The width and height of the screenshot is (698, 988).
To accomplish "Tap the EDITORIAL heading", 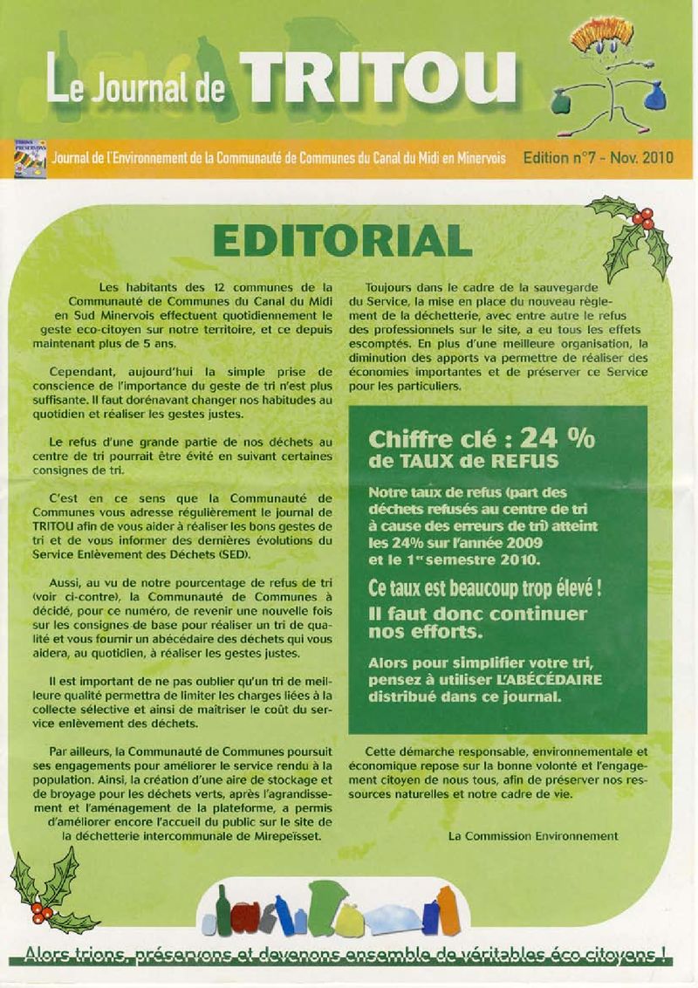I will [343, 240].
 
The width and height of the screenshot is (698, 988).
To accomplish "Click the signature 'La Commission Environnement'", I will [532, 835].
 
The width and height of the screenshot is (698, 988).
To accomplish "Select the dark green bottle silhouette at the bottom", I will [223, 909].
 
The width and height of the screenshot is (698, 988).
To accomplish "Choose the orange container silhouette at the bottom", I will [446, 909].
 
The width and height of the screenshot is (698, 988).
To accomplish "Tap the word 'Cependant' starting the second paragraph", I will [79, 370].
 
